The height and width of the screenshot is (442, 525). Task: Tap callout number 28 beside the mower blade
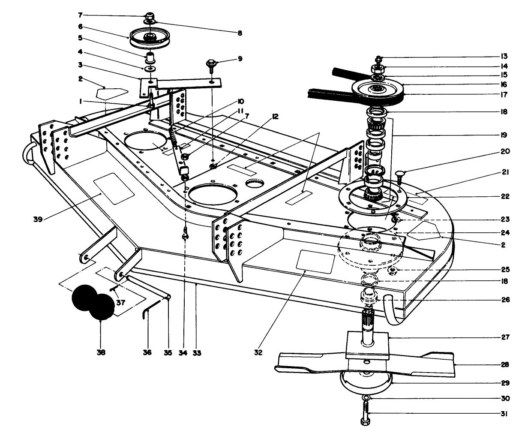pyautogui.click(x=504, y=365)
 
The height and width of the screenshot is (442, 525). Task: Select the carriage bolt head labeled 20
pyautogui.click(x=401, y=172)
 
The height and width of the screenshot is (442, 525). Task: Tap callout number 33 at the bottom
pyautogui.click(x=197, y=353)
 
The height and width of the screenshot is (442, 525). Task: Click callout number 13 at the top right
pyautogui.click(x=504, y=56)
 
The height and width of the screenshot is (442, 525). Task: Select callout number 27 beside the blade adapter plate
pyautogui.click(x=504, y=337)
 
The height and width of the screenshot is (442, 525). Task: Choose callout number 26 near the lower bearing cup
pyautogui.click(x=504, y=300)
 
